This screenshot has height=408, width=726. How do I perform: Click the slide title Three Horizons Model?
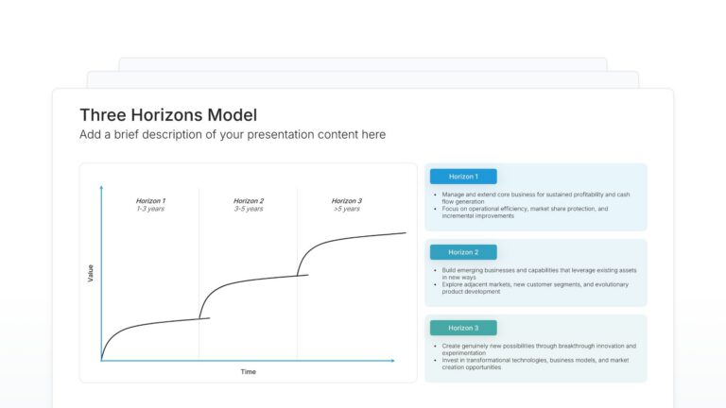pyautogui.click(x=168, y=115)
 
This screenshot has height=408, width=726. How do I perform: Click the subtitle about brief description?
pyautogui.click(x=233, y=135)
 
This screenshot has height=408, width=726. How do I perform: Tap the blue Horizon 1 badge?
pyautogui.click(x=463, y=177)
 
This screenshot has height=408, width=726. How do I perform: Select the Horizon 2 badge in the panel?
pyautogui.click(x=463, y=252)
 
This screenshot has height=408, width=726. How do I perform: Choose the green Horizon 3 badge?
pyautogui.click(x=463, y=328)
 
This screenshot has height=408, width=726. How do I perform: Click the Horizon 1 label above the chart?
pyautogui.click(x=150, y=200)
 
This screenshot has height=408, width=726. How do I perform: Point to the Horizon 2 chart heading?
pyautogui.click(x=249, y=200)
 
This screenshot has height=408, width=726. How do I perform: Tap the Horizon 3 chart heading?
pyautogui.click(x=346, y=200)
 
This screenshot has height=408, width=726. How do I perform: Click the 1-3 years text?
pyautogui.click(x=150, y=209)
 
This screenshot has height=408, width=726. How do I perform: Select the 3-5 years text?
pyautogui.click(x=249, y=209)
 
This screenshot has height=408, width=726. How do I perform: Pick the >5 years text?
pyautogui.click(x=346, y=209)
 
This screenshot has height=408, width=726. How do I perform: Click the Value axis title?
pyautogui.click(x=91, y=273)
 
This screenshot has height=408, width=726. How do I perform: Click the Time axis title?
pyautogui.click(x=248, y=371)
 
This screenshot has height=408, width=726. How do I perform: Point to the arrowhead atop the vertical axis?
pyautogui.click(x=101, y=188)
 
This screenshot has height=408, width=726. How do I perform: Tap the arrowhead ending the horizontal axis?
pyautogui.click(x=392, y=361)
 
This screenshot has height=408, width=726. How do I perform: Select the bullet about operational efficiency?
pyautogui.click(x=525, y=212)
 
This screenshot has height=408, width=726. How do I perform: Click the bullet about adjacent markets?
pyautogui.click(x=534, y=287)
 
